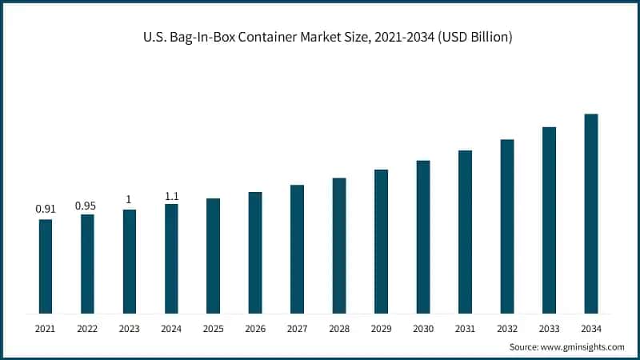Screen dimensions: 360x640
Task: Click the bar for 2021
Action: pyautogui.click(x=46, y=266)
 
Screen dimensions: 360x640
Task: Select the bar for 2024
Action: pyautogui.click(x=171, y=258)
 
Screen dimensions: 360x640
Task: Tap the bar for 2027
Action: pyautogui.click(x=297, y=249)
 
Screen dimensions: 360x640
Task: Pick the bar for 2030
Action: pyautogui.click(x=423, y=237)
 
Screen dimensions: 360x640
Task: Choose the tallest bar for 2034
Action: pyautogui.click(x=591, y=213)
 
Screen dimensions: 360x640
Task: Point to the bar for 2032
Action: pyautogui.click(x=507, y=226)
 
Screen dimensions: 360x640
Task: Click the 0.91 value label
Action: pyautogui.click(x=46, y=209)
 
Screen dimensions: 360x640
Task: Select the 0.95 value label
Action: pyautogui.click(x=86, y=206)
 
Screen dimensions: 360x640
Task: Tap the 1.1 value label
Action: pyautogui.click(x=172, y=194)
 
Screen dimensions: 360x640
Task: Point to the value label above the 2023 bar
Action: pyautogui.click(x=130, y=200)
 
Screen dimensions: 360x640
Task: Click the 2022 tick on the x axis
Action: pyautogui.click(x=87, y=328)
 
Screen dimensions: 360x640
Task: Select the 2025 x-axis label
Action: pyautogui.click(x=213, y=328)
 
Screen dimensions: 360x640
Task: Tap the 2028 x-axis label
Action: pyautogui.click(x=339, y=328)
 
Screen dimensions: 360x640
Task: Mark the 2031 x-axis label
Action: pyautogui.click(x=465, y=328)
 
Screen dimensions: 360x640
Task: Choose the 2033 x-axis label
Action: pyautogui.click(x=549, y=328)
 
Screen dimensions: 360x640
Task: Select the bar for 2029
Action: pyautogui.click(x=381, y=241)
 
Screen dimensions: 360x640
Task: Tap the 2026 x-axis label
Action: pyautogui.click(x=255, y=328)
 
